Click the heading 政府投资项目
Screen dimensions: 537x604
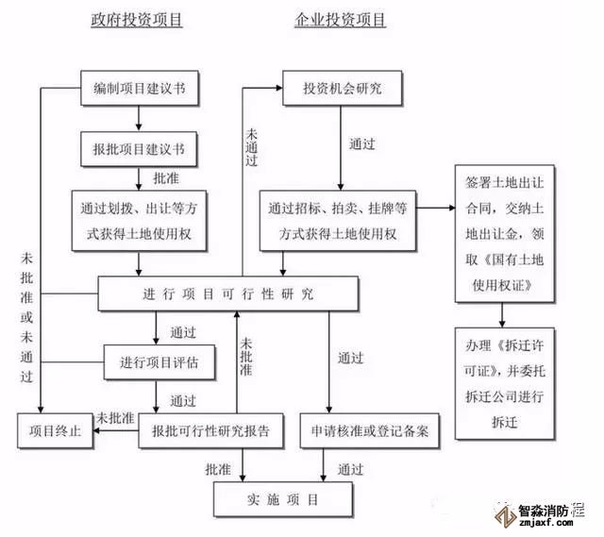139,21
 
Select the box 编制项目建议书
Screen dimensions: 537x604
139,88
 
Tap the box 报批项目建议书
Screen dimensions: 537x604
139,149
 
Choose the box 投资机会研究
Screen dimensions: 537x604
342,89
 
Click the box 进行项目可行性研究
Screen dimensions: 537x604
228,294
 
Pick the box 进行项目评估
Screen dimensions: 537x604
159,362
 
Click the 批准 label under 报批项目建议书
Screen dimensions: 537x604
167,176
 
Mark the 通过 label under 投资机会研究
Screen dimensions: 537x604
362,144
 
